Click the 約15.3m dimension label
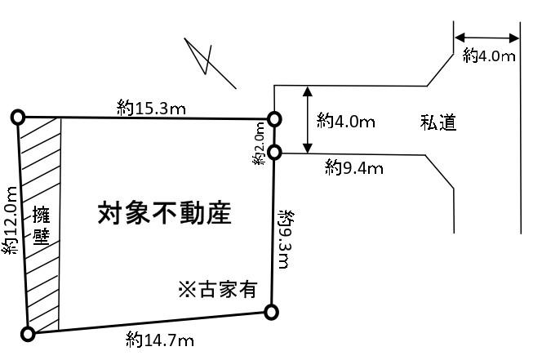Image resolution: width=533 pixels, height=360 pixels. [x=151, y=108]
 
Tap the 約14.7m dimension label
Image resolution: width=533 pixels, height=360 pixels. [x=160, y=340]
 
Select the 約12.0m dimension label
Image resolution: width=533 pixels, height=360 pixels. [x=10, y=220]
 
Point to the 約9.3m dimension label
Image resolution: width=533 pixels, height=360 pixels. [x=286, y=239]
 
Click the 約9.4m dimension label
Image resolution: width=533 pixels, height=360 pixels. [x=354, y=167]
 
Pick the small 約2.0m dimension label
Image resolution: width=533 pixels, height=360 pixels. [x=259, y=144]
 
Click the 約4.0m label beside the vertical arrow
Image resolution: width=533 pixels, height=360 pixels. [x=346, y=121]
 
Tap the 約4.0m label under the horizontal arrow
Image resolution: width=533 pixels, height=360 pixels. [x=489, y=56]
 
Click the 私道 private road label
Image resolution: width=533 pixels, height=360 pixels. [x=438, y=122]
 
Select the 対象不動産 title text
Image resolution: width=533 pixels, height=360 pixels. [x=165, y=213]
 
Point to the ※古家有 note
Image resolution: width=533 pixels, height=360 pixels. [x=218, y=289]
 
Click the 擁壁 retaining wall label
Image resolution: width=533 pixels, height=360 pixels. [x=42, y=226]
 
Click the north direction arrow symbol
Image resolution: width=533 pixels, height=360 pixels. [x=210, y=63]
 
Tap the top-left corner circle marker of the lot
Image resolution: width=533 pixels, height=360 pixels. [x=18, y=118]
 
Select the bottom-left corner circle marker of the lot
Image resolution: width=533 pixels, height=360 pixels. [x=28, y=334]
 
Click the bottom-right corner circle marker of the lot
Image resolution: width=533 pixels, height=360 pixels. [x=271, y=312]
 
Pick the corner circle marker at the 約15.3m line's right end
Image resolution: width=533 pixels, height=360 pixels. [x=274, y=119]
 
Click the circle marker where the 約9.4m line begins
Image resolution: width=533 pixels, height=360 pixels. [x=274, y=153]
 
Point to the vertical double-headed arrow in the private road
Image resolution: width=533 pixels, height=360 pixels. [x=308, y=120]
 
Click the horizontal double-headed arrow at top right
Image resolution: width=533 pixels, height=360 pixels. [x=486, y=38]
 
